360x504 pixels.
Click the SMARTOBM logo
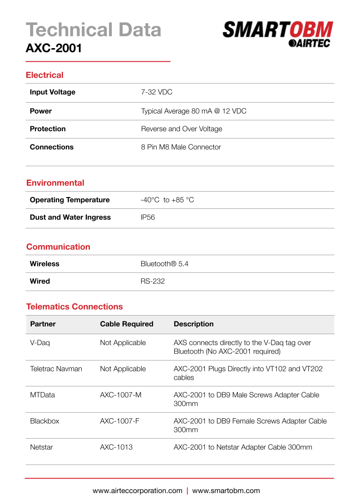(x=278, y=34)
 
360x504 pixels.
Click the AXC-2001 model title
(x=54, y=48)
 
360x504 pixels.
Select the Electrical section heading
(x=44, y=75)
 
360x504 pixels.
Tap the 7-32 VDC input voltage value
(x=157, y=92)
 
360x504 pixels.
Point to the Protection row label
(x=48, y=129)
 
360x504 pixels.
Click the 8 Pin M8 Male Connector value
(x=181, y=147)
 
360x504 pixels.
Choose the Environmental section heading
(x=55, y=183)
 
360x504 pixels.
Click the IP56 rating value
(x=148, y=217)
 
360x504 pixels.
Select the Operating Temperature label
(x=69, y=200)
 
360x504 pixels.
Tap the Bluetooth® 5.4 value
(x=164, y=264)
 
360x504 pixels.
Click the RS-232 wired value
(x=153, y=282)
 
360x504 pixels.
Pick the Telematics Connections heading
(x=74, y=306)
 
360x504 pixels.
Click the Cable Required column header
(x=127, y=324)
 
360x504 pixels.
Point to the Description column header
(x=193, y=324)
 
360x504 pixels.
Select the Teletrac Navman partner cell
(x=56, y=369)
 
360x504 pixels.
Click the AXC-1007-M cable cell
(x=120, y=395)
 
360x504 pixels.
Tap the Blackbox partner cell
(x=44, y=421)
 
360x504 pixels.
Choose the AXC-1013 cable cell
(x=116, y=447)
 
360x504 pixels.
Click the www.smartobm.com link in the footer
(x=226, y=491)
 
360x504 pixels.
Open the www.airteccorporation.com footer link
(x=137, y=491)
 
